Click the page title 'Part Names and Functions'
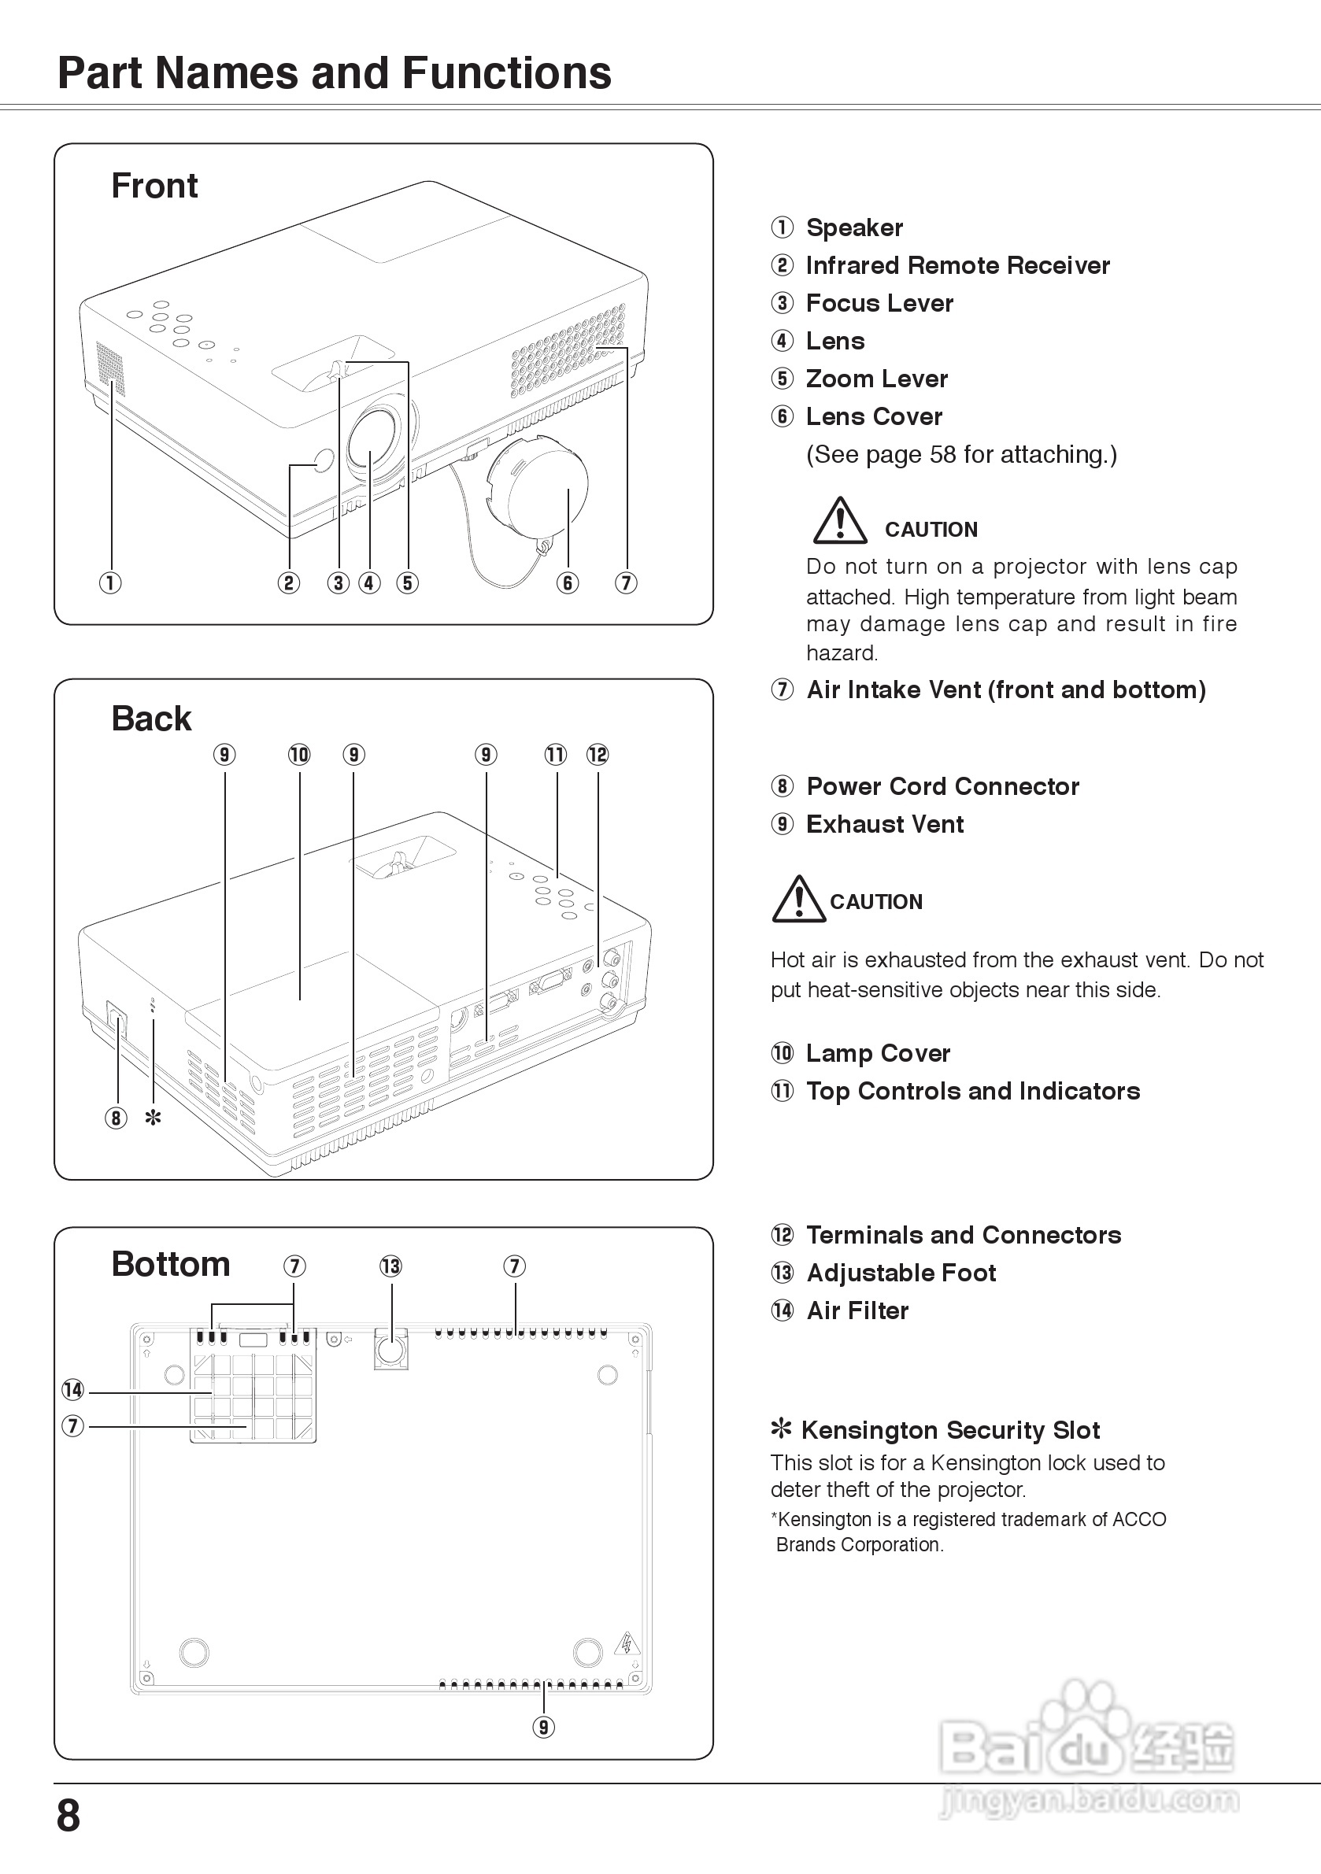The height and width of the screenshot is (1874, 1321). (334, 73)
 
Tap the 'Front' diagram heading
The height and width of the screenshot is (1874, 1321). (154, 186)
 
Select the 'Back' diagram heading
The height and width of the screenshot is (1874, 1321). (151, 719)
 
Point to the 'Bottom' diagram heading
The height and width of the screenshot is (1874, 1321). (171, 1264)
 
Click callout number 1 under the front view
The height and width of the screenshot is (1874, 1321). (110, 582)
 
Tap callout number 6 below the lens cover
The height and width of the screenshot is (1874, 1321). (568, 582)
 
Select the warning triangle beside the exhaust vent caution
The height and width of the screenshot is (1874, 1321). (798, 900)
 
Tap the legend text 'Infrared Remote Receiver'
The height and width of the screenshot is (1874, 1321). (957, 265)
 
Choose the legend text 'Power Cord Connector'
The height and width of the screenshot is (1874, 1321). (942, 786)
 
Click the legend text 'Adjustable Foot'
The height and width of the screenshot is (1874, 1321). (901, 1273)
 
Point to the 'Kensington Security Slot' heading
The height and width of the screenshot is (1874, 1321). (949, 1430)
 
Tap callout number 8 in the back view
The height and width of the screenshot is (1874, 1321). (116, 1118)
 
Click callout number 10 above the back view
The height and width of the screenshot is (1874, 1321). (299, 754)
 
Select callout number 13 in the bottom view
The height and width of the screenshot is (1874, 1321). (391, 1266)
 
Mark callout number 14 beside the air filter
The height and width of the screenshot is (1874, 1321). (73, 1389)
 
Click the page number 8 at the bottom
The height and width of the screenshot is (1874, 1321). (68, 1815)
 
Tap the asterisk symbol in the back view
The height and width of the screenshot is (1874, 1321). (153, 1118)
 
